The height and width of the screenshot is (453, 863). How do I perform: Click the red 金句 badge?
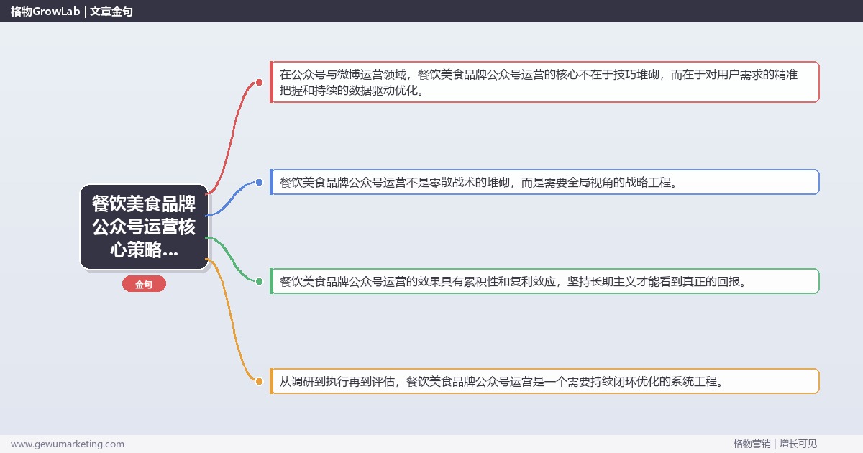pos(144,284)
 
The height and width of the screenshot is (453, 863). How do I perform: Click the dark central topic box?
pos(144,226)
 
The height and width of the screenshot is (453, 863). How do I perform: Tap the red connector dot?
pos(260,83)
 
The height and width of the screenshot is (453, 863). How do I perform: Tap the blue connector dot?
pos(260,182)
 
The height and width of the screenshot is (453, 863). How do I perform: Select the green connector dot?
pos(260,282)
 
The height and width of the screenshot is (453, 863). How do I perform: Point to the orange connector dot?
pos(260,381)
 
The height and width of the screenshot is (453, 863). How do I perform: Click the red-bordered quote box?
pos(544,82)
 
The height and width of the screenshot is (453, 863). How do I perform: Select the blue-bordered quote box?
pos(544,182)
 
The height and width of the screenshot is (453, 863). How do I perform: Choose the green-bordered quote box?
pos(544,281)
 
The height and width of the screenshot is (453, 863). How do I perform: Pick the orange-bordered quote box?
pos(544,381)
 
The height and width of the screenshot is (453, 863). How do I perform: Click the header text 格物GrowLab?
pos(45,12)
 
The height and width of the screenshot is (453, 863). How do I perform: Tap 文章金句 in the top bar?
pos(111,12)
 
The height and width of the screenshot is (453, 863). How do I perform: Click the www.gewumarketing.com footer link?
pos(68,444)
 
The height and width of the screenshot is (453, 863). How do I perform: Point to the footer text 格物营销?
pos(752,444)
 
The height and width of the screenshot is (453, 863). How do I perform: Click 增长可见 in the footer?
pos(798,444)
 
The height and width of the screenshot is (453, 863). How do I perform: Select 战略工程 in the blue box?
pos(648,182)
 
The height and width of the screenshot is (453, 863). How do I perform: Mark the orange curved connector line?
pos(231,324)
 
